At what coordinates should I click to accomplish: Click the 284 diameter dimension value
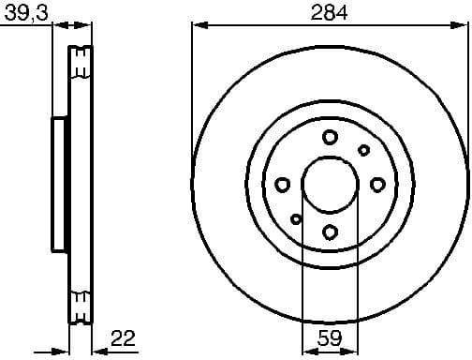point(329,13)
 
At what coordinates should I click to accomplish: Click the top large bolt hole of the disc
point(330,138)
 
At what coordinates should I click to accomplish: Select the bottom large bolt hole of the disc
point(330,232)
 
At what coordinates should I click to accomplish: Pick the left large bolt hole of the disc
point(282,185)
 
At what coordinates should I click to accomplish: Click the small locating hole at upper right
point(363,150)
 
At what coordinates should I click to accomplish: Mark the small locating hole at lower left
point(296,219)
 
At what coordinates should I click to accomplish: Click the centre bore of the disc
point(330,185)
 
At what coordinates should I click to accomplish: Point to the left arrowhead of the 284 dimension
point(197,25)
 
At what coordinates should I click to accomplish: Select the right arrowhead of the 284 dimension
point(463,25)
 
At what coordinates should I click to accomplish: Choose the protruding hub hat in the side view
point(59,184)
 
